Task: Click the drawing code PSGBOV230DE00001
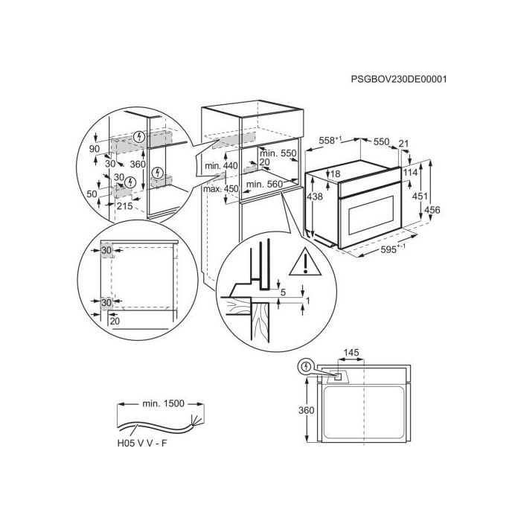coord(399,79)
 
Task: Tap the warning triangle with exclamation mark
coord(305,263)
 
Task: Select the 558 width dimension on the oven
coord(330,141)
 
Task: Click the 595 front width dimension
coord(393,249)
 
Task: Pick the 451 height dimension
coord(420,196)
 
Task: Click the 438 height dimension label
coord(314,196)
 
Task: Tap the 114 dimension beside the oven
coord(410,173)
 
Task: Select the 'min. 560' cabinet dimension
coord(264,184)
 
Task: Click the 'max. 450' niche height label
coord(221,189)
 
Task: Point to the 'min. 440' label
coord(221,165)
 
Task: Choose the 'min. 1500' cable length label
coord(163,403)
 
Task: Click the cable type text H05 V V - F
coord(142,444)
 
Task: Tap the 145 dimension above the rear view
coord(351,353)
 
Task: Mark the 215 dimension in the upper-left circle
coord(124,206)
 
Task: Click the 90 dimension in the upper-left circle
coord(95,149)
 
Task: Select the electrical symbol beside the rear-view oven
coord(305,367)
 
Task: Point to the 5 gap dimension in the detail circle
coord(283,293)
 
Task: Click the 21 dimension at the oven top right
coord(403,144)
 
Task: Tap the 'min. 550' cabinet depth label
coord(278,153)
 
